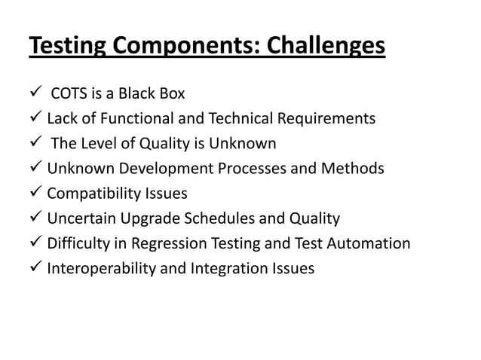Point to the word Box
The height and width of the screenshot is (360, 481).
(170, 93)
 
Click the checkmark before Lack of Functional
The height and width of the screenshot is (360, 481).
(36, 118)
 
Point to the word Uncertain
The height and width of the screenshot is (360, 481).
(80, 219)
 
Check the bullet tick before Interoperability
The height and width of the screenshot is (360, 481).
(36, 268)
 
